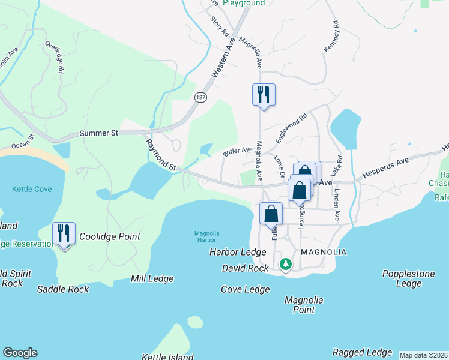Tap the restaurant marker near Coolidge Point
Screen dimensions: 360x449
coord(64,233)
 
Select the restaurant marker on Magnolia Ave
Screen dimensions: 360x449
coord(263,95)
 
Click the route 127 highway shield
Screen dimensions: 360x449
coord(200,97)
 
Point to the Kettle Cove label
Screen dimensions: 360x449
coord(32,189)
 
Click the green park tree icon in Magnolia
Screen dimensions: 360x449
coord(286,264)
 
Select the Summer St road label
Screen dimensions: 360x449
coord(98,133)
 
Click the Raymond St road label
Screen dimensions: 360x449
coord(161,154)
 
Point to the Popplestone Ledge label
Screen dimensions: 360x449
coord(408,278)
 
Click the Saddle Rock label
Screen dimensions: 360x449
coord(63,289)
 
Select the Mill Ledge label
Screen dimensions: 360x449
coord(152,278)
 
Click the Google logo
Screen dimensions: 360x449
coord(20,353)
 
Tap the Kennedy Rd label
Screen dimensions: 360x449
coord(331,37)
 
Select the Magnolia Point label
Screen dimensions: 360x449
coord(304,305)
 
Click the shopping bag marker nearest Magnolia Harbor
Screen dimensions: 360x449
coord(271,214)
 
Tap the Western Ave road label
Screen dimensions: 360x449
coord(221,58)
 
